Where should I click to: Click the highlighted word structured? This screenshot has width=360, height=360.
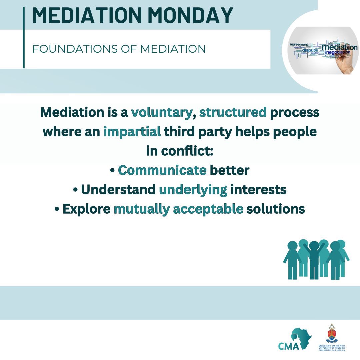tap(233, 112)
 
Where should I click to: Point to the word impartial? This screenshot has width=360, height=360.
tap(132, 132)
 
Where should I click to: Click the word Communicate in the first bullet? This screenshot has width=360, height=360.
tap(162, 170)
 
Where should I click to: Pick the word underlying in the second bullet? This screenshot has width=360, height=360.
tap(193, 190)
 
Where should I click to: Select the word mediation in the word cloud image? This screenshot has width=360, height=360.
tap(339, 47)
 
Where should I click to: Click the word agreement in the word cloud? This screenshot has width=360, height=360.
tap(299, 44)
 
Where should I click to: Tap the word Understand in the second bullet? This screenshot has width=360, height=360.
tap(118, 190)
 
